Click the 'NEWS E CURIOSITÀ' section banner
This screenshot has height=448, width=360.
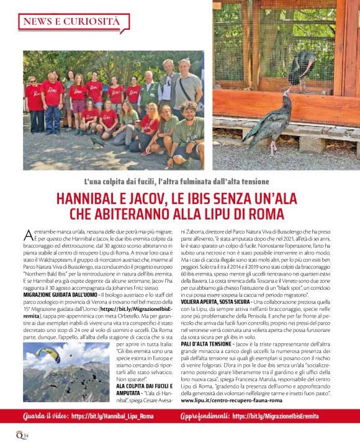tap(71, 22)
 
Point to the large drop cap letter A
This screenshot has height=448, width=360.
tap(29, 234)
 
